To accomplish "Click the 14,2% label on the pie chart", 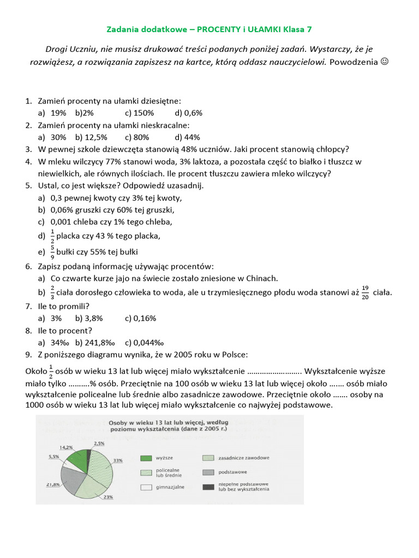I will click(66, 447).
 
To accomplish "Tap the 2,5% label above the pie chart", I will click(99, 443).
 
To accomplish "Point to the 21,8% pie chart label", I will click(53, 484).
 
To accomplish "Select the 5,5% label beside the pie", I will click(54, 457).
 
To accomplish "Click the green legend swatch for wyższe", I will click(146, 458).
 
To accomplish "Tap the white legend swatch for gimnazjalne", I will click(146, 487).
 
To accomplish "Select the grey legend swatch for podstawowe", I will click(208, 472).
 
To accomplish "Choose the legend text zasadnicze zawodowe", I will click(243, 458).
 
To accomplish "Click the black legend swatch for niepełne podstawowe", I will click(208, 487).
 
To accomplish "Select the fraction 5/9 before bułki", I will click(52, 252).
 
